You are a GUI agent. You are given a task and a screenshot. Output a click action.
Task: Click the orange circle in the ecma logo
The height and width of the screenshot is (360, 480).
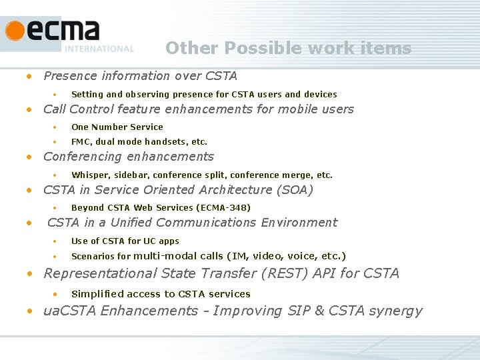(x=15, y=31)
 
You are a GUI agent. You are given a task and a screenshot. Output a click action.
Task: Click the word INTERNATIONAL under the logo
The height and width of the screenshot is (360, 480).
(x=99, y=49)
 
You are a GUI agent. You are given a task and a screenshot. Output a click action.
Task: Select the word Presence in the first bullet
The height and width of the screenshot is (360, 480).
(x=70, y=76)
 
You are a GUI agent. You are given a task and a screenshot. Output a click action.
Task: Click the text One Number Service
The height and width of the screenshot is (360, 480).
(x=117, y=127)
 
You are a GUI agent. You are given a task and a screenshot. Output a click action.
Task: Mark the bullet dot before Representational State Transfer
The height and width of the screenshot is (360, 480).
(x=29, y=273)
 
